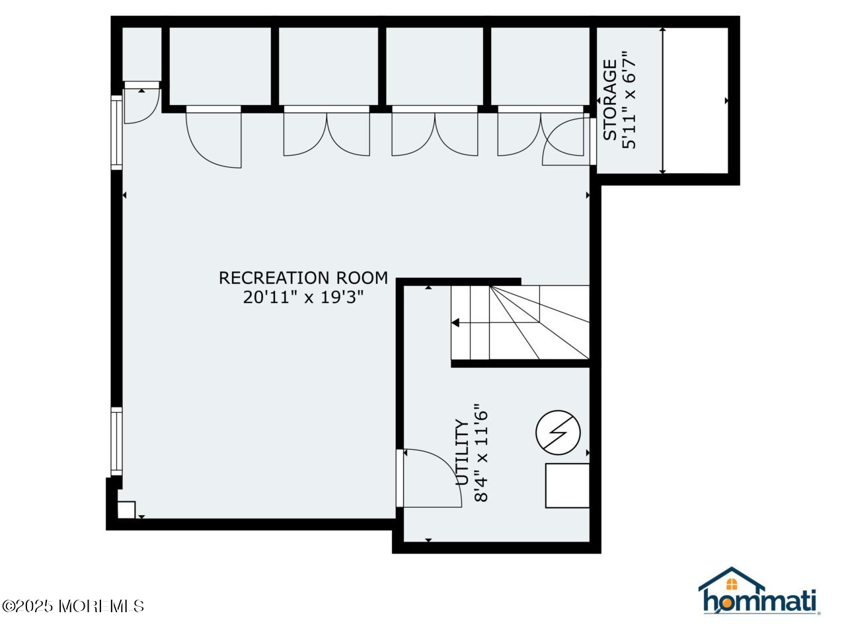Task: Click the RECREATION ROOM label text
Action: coord(303,278)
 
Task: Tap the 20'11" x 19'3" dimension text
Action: coord(303,298)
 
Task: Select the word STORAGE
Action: coord(610,100)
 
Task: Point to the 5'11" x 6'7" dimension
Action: coord(630,100)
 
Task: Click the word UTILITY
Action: coord(462,453)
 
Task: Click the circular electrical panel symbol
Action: coord(558,433)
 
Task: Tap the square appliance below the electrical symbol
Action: coord(567,485)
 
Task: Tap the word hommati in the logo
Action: coord(760,601)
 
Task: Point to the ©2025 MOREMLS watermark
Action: coord(73,606)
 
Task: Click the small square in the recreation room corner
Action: coord(126,510)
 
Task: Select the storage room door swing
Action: coord(565,142)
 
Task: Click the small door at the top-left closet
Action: coord(141,104)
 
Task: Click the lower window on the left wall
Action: coord(116,441)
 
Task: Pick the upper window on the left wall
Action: coord(116,131)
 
